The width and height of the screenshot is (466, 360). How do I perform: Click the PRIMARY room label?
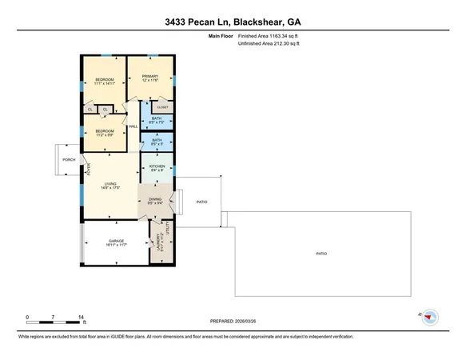click(x=151, y=77)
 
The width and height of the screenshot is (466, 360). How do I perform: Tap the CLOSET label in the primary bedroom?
click(x=162, y=106)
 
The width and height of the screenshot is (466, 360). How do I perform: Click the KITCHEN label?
click(x=157, y=167)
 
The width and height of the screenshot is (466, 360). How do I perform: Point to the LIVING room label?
click(x=110, y=186)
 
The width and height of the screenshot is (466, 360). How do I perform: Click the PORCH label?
click(x=69, y=159)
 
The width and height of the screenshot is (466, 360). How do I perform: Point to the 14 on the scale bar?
click(x=82, y=317)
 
